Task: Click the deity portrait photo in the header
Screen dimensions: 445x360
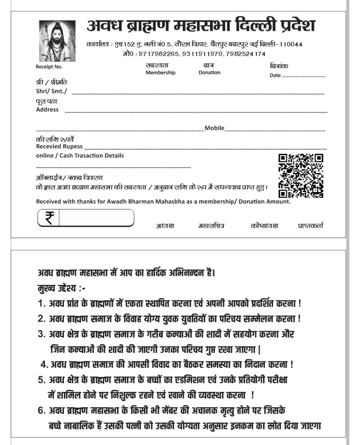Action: tap(57, 41)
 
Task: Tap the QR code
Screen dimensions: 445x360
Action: tap(300, 176)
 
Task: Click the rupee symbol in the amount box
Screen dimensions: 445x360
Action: tap(49, 217)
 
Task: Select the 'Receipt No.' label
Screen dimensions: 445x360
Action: tap(49, 67)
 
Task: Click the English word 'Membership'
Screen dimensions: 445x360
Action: tap(160, 73)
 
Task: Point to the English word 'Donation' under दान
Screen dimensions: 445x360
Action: tap(210, 73)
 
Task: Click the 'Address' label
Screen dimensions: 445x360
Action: tap(47, 110)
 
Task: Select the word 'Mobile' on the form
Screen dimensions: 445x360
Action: tap(214, 128)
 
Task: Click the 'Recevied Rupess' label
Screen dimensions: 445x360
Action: tap(59, 146)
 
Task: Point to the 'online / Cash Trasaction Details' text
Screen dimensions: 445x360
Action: tap(80, 156)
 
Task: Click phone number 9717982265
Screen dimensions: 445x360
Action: tap(158, 54)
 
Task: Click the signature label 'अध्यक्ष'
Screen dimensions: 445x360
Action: tap(165, 226)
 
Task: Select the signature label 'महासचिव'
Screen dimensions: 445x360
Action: tap(211, 226)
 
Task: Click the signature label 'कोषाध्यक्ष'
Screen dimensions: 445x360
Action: tap(264, 226)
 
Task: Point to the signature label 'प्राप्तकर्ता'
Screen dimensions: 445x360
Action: tap(310, 226)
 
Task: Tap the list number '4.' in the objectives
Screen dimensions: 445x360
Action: tap(44, 364)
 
